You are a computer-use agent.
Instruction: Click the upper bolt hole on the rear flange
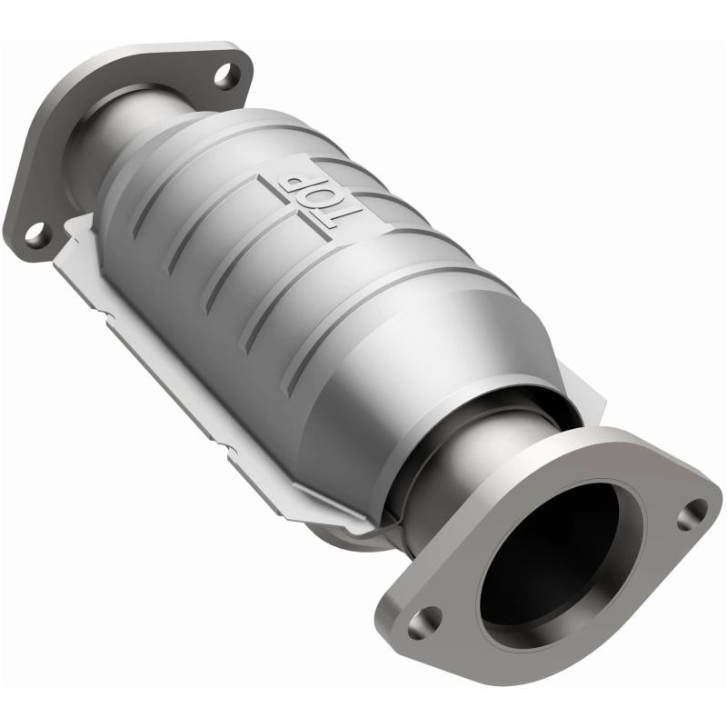click(x=227, y=75)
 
